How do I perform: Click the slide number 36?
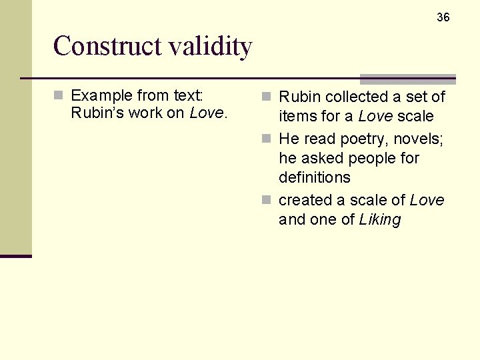443,17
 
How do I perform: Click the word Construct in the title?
107,46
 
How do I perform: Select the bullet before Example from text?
59,95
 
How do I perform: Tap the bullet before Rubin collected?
267,97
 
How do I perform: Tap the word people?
373,158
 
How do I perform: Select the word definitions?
314,177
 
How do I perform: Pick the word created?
305,200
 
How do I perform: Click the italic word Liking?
379,219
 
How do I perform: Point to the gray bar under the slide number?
407,79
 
